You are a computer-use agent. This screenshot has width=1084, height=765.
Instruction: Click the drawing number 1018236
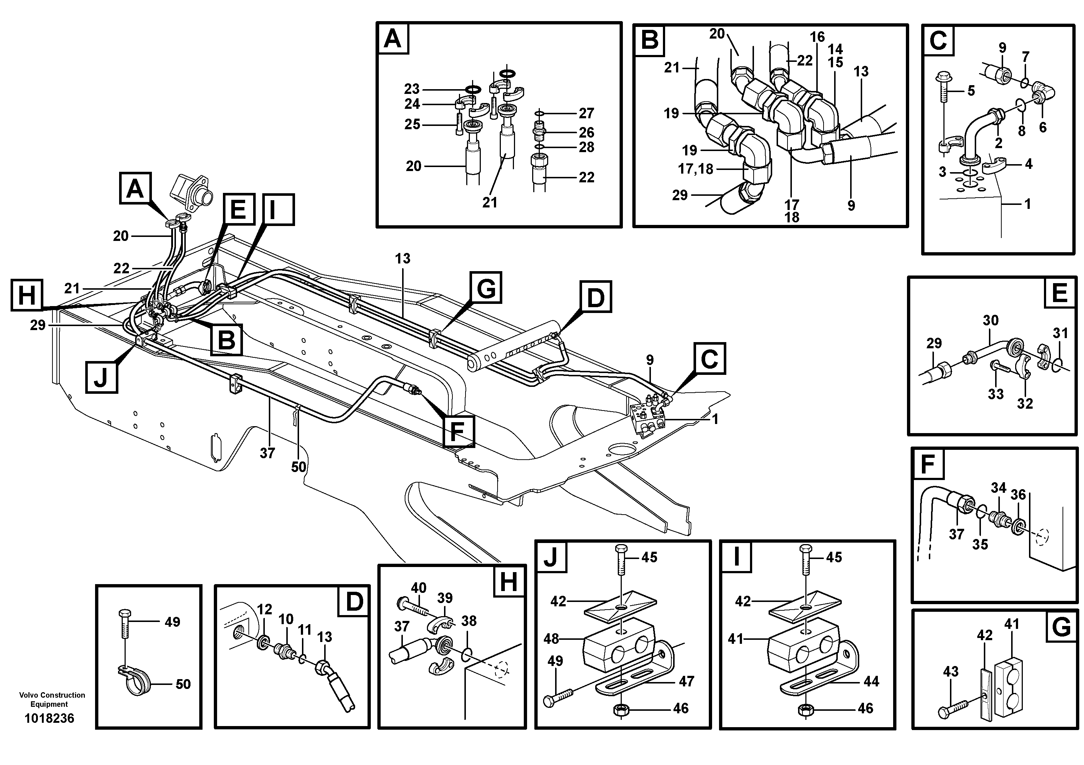click(x=49, y=718)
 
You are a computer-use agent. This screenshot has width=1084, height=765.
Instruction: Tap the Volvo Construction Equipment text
click(x=52, y=699)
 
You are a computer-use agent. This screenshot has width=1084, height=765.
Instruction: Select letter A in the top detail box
click(x=392, y=39)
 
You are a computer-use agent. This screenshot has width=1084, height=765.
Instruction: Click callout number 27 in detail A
click(x=586, y=113)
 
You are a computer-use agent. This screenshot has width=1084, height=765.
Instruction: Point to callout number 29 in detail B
click(x=679, y=195)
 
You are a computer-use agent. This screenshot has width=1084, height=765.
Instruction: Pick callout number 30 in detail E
click(x=990, y=321)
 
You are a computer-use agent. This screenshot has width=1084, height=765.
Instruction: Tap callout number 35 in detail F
click(x=980, y=544)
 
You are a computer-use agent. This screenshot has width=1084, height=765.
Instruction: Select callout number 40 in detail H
click(x=418, y=588)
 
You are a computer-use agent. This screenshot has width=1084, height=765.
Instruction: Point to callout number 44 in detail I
click(x=871, y=681)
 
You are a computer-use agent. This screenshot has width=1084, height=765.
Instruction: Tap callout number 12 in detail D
click(x=264, y=609)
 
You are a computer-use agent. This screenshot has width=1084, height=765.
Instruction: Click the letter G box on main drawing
click(x=485, y=287)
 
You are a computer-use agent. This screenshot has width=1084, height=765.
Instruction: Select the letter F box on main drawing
click(x=459, y=431)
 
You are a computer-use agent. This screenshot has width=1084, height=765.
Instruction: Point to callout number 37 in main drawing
click(x=267, y=453)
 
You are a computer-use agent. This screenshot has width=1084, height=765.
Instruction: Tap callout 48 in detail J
click(x=551, y=639)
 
